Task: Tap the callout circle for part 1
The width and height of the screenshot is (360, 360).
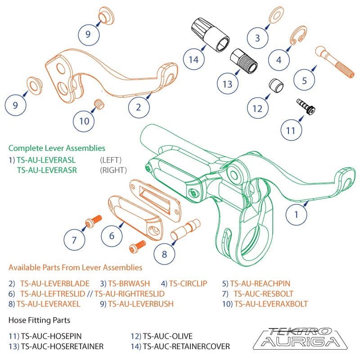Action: [x=296, y=214]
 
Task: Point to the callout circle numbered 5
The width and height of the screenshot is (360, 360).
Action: [x=305, y=81]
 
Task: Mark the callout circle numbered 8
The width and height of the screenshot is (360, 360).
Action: [x=164, y=254]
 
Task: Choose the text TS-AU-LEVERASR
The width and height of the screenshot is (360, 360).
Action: [x=46, y=170]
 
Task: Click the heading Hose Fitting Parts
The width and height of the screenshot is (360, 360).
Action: [x=39, y=320]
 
